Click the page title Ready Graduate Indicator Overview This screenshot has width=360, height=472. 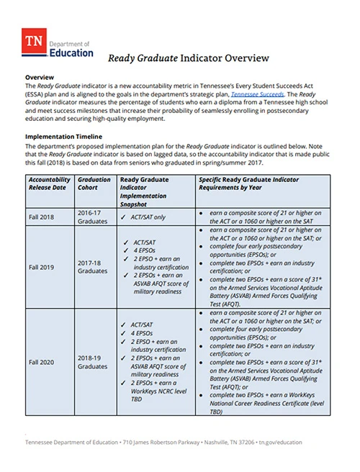pos(188,58)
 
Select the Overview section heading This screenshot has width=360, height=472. pos(40,76)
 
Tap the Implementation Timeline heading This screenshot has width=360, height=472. pos(63,135)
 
